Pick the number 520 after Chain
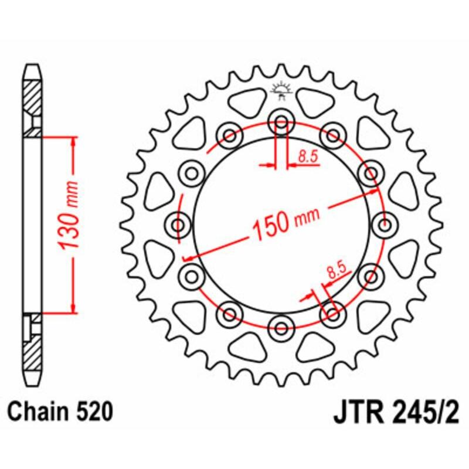click(93, 412)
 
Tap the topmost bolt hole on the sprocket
click(281, 124)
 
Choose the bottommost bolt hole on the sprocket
click(281, 325)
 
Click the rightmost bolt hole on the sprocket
click(385, 225)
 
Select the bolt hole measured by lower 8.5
click(332, 313)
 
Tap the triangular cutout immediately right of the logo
click(315, 103)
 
